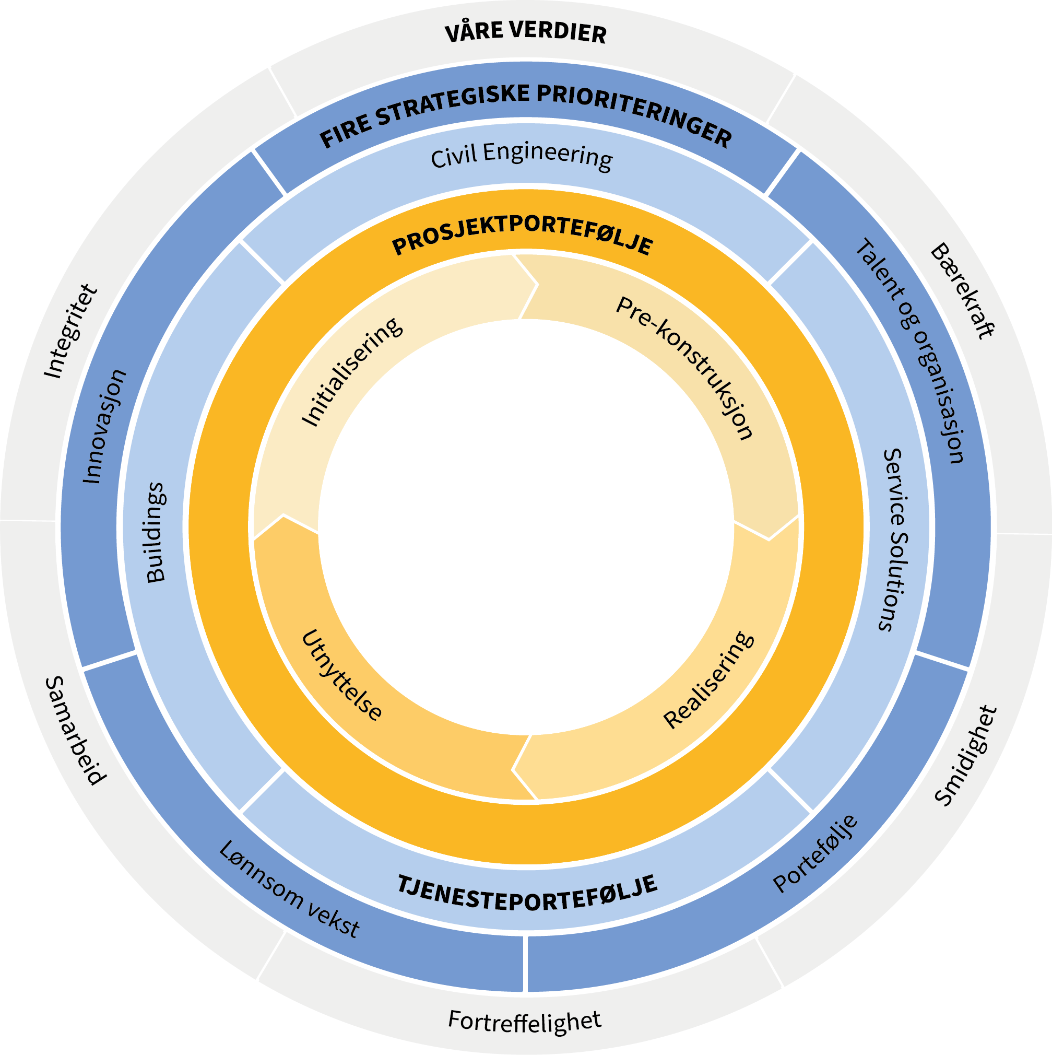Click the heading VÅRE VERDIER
point(525,33)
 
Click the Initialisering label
point(352,371)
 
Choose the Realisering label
point(708,680)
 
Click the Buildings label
point(156,533)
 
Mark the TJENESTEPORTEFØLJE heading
point(526,894)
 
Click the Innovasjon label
point(104,427)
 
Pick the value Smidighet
point(967,756)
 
